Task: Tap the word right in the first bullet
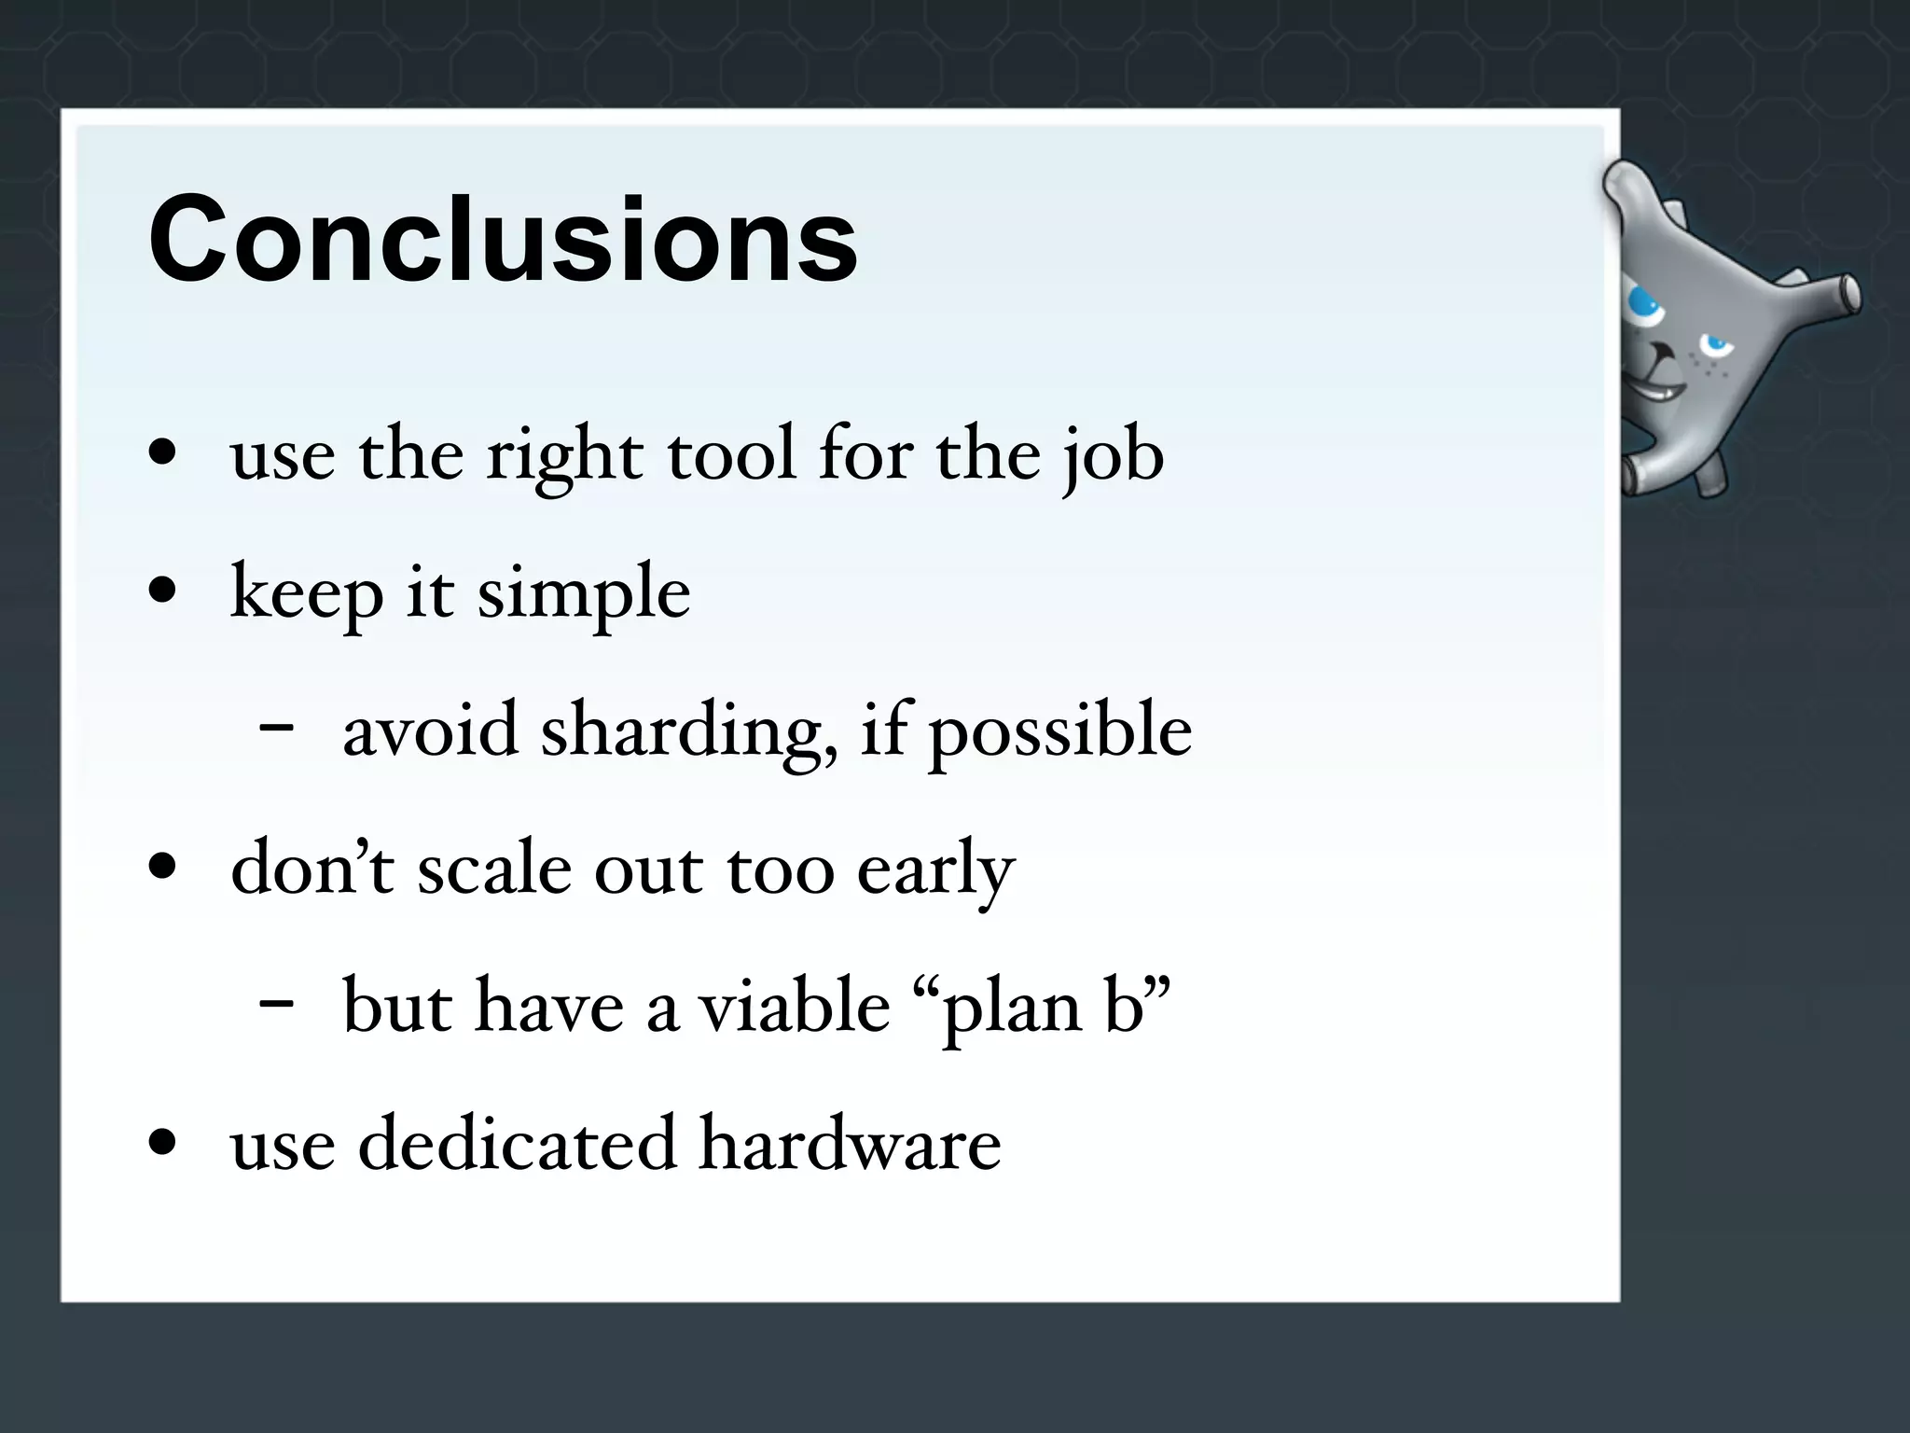pyautogui.click(x=564, y=455)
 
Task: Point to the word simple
pyautogui.click(x=584, y=593)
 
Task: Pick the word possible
pyautogui.click(x=1059, y=731)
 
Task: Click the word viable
pyautogui.click(x=795, y=1006)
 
